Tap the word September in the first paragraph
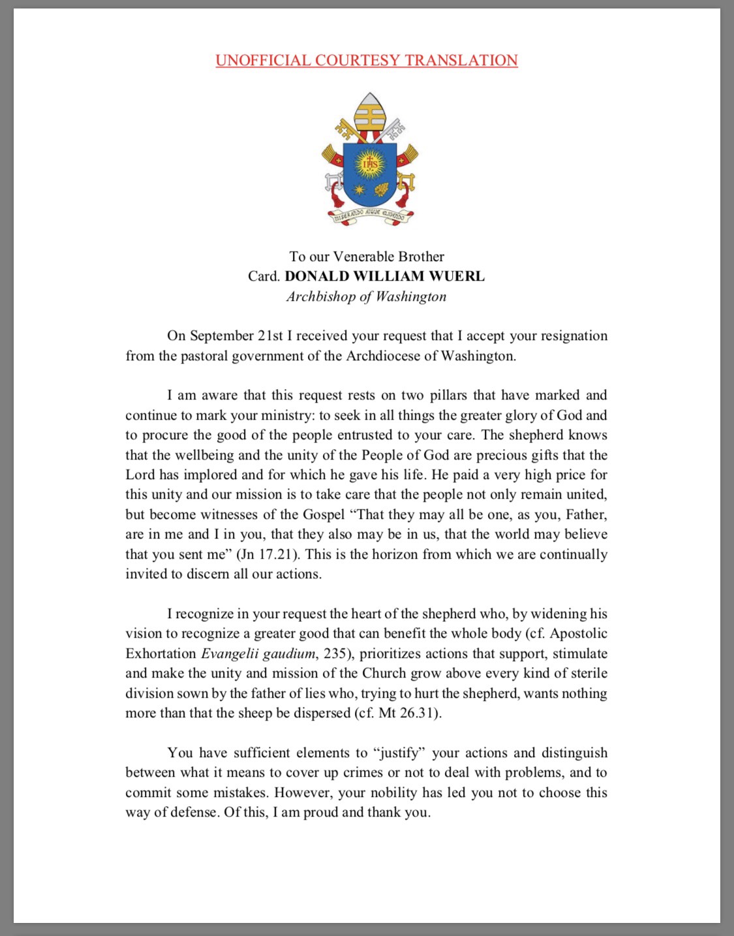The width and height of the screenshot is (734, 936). (x=221, y=336)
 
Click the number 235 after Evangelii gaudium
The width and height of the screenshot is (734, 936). (x=335, y=654)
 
